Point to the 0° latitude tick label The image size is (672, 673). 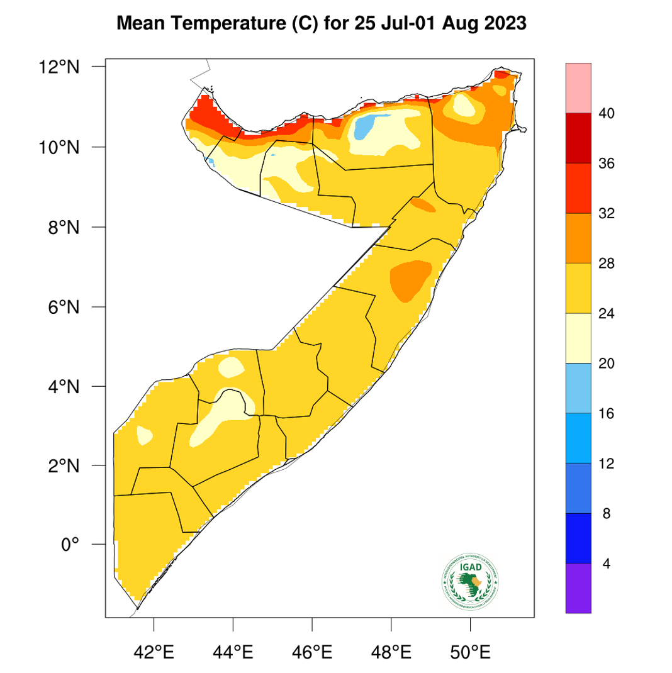pyautogui.click(x=70, y=544)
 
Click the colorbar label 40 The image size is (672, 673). pyautogui.click(x=607, y=113)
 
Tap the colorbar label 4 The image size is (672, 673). pyautogui.click(x=607, y=564)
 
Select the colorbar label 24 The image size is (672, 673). pyautogui.click(x=607, y=313)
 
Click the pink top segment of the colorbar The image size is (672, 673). pyautogui.click(x=578, y=87)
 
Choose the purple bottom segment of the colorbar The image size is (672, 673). pyautogui.click(x=578, y=587)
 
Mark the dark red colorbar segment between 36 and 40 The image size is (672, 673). pyautogui.click(x=578, y=138)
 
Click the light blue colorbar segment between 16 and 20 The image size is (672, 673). pyautogui.click(x=578, y=388)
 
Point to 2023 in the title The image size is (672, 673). pyautogui.click(x=503, y=25)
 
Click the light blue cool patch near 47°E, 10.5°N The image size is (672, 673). pyautogui.click(x=364, y=128)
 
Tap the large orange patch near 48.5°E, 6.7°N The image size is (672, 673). pyautogui.click(x=410, y=278)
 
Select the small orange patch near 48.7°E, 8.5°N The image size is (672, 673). pyautogui.click(x=422, y=204)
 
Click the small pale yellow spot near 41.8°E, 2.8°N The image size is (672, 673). pyautogui.click(x=144, y=434)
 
